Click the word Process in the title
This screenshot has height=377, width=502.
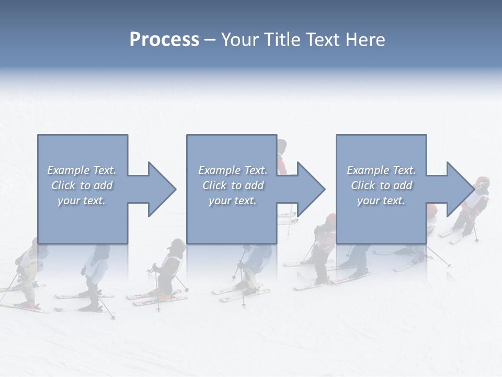tap(164, 40)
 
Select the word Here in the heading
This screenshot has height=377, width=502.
tap(364, 40)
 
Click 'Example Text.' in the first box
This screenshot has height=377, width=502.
tap(82, 170)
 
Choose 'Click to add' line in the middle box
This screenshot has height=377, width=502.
tap(233, 185)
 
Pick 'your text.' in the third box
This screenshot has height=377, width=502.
tap(381, 201)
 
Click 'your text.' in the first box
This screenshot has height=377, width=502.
tap(82, 201)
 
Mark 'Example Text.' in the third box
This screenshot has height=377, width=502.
tap(381, 170)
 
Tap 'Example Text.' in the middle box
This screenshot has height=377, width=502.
tap(233, 170)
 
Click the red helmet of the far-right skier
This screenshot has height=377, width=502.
tap(482, 184)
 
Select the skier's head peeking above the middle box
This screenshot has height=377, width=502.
tap(282, 146)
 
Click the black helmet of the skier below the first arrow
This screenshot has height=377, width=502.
tap(177, 245)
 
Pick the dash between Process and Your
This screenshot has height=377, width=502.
tap(210, 40)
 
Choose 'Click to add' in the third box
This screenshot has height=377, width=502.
tap(381, 185)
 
